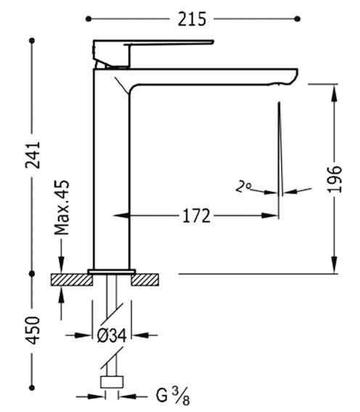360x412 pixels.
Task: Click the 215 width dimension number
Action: (x=192, y=19)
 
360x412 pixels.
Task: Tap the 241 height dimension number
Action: (x=33, y=155)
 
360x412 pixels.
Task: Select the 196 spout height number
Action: (x=335, y=179)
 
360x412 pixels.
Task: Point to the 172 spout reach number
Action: (x=197, y=216)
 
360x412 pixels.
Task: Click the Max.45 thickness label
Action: (x=62, y=207)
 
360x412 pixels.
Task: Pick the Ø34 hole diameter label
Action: (x=112, y=336)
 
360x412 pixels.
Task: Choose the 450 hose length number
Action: (x=33, y=330)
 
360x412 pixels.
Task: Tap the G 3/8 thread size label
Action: (x=173, y=396)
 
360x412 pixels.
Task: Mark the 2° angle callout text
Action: (x=243, y=186)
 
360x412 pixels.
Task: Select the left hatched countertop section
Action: (x=72, y=280)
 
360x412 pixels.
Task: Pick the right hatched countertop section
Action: (x=145, y=280)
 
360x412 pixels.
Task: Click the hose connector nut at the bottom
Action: (x=112, y=382)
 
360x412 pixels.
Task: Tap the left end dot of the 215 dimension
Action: (x=89, y=19)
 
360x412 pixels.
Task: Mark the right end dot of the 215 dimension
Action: (x=298, y=19)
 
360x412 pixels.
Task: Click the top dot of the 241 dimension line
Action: (x=32, y=41)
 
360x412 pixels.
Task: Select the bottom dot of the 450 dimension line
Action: (x=32, y=387)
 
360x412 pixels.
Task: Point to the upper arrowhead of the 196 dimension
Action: (x=334, y=94)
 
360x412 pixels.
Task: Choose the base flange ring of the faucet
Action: (x=112, y=272)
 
